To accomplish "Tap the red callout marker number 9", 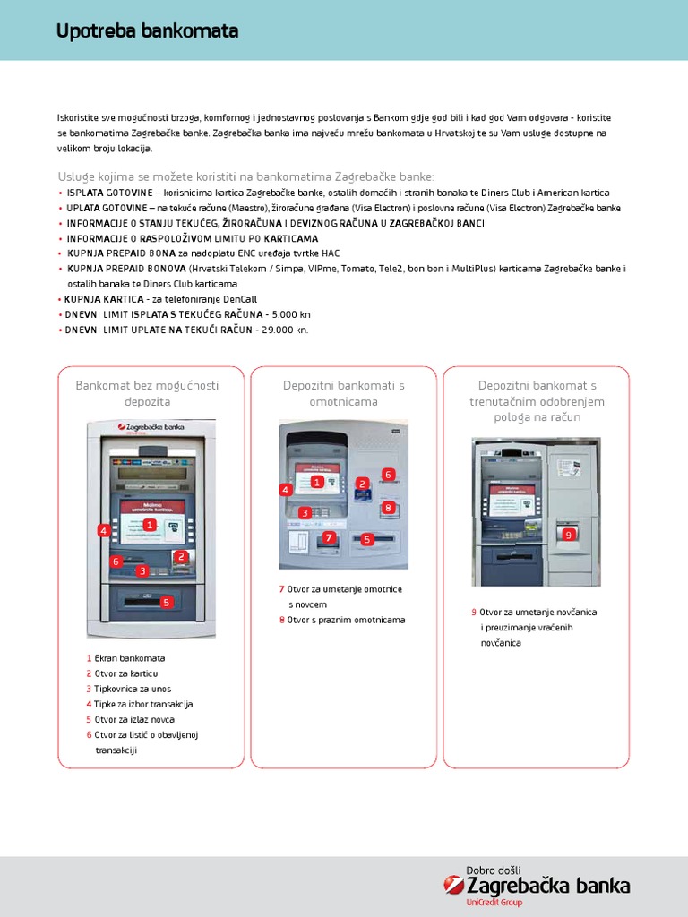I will coord(567,535).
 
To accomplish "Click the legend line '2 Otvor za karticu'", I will coord(122,673).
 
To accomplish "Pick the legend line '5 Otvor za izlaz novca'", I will coord(130,719).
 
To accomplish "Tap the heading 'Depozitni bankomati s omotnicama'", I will coord(344,393).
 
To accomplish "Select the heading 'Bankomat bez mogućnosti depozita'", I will coord(147,393).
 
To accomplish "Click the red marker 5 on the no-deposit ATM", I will coord(166,603).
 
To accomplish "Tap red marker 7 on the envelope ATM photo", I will coord(329,537).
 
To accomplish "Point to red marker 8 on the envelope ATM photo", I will coord(388,508).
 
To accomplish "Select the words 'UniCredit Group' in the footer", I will coord(494,903).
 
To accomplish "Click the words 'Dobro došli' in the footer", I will coord(494,870).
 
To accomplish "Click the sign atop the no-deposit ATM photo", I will coord(150,427).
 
